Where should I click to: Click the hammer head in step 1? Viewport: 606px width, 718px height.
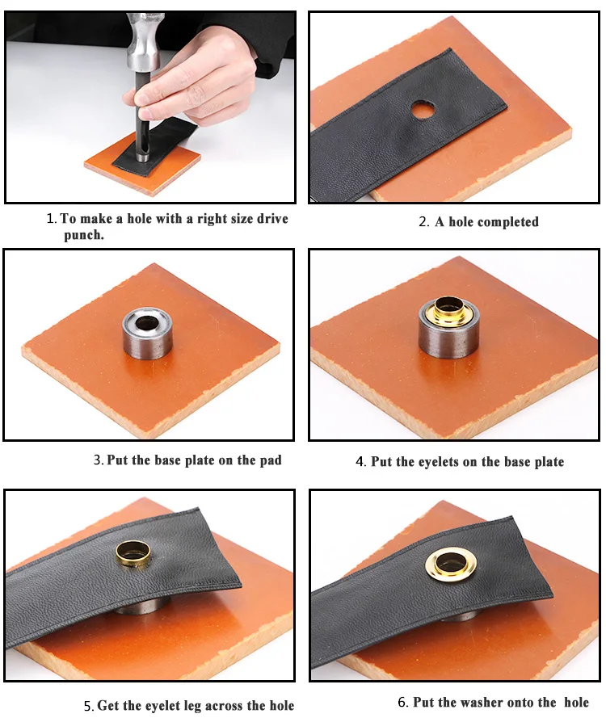click(x=141, y=40)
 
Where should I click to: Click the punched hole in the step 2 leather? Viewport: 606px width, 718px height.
click(x=423, y=110)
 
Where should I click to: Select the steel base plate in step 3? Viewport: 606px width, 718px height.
click(x=148, y=333)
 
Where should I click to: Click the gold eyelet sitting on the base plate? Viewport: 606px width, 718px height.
click(x=448, y=309)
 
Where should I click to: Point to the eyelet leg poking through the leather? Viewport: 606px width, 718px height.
click(x=133, y=554)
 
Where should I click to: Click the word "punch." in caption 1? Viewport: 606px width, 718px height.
click(x=84, y=235)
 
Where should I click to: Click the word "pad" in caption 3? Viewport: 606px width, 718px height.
click(x=270, y=460)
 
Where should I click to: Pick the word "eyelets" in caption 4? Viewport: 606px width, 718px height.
click(x=439, y=462)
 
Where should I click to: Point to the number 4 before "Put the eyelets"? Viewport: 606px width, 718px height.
click(x=360, y=462)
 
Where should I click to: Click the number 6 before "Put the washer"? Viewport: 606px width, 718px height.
click(x=402, y=702)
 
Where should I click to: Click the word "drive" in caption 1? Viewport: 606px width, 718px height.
click(x=272, y=218)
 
